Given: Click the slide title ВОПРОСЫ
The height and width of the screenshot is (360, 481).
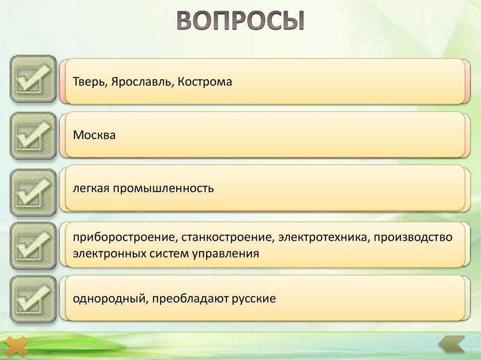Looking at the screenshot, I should point(240,21).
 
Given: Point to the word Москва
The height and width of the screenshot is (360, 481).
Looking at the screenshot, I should point(94,135).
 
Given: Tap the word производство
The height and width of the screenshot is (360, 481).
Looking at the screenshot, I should point(413,237).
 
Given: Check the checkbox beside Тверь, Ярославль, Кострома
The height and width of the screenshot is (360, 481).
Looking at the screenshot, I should point(33,79).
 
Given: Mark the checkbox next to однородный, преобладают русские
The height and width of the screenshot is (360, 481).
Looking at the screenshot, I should point(33,299).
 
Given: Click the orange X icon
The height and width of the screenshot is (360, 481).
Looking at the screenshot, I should point(17,346).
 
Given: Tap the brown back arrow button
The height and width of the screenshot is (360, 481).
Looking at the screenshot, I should point(451,345).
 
